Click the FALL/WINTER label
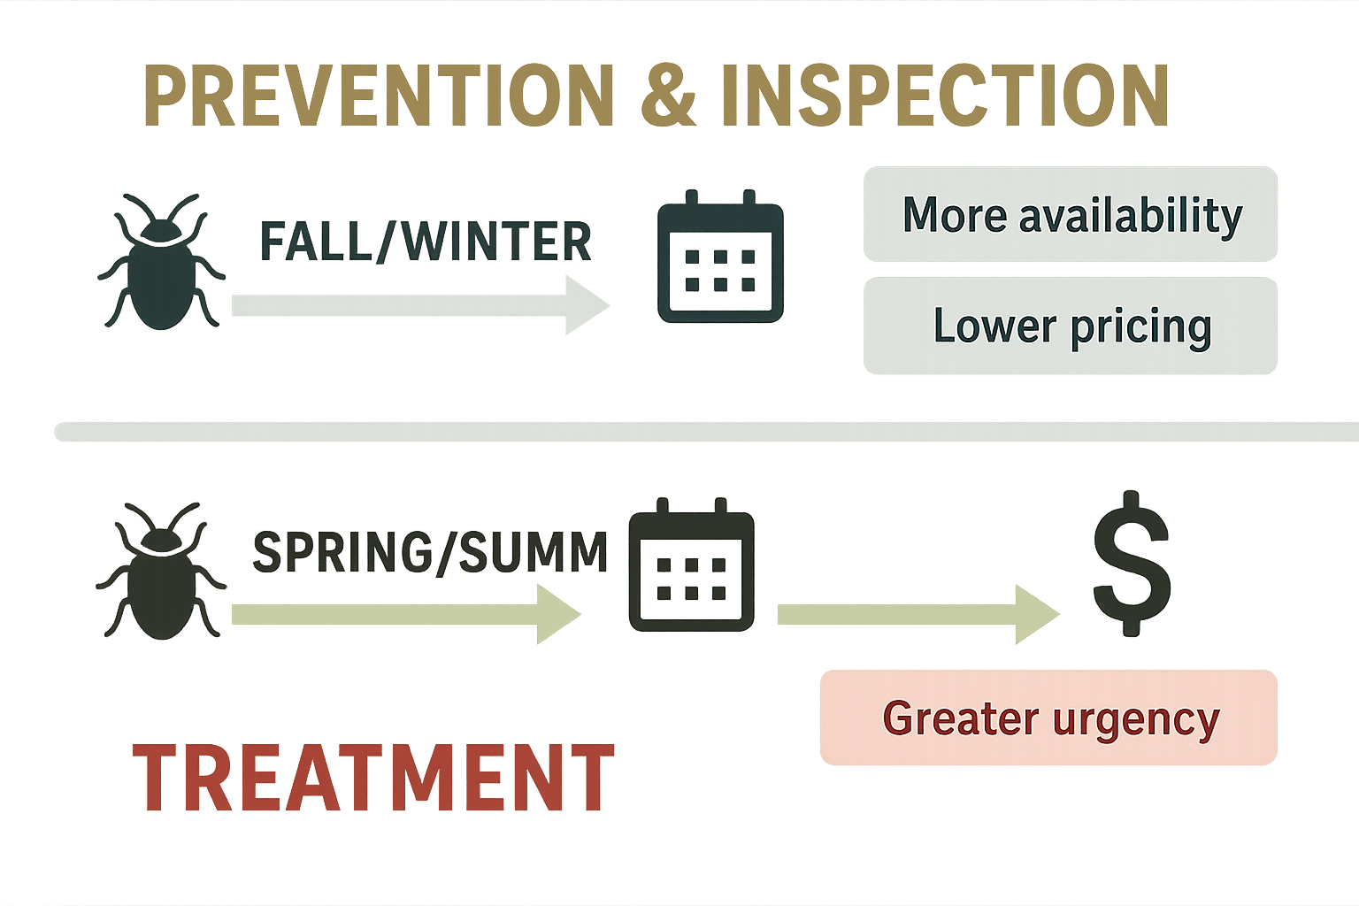tap(425, 242)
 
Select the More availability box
tap(1071, 214)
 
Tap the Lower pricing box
tap(1071, 326)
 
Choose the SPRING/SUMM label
tap(430, 552)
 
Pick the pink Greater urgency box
tap(1048, 718)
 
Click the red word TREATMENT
tap(373, 779)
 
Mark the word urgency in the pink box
tap(1136, 719)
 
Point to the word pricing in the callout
tap(1140, 327)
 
